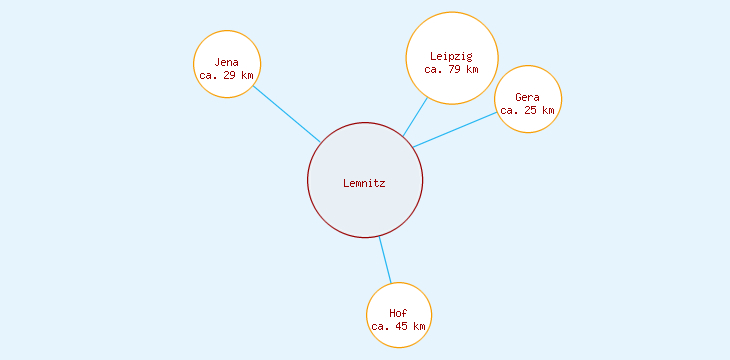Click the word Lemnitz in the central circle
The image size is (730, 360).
(x=364, y=183)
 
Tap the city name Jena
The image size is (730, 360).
(x=226, y=62)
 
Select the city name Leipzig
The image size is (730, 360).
(x=451, y=56)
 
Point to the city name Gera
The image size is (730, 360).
(x=527, y=97)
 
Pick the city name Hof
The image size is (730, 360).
(x=398, y=313)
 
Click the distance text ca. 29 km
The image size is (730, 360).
(x=226, y=75)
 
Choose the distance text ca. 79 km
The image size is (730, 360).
(x=451, y=70)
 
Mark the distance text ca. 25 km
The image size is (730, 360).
(x=527, y=110)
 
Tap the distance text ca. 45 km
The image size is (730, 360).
(x=398, y=326)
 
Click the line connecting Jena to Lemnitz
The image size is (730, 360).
(x=286, y=113)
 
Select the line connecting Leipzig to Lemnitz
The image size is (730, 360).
(x=415, y=116)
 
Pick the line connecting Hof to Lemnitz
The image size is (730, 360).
(x=385, y=260)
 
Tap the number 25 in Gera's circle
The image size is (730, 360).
(x=531, y=110)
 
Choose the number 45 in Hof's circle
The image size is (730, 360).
(x=402, y=326)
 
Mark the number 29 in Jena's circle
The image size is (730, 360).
(x=230, y=75)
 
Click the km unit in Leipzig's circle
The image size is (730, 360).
(x=472, y=70)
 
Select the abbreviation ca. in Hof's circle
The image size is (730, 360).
(x=380, y=326)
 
